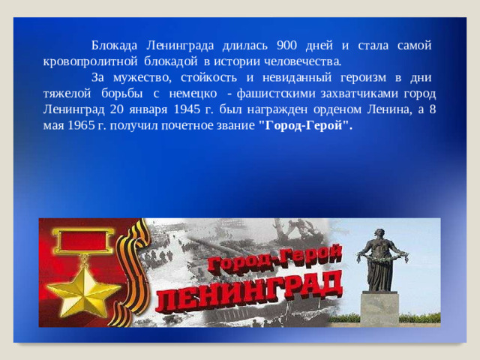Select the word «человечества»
[303, 59]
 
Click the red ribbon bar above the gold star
[81, 243]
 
